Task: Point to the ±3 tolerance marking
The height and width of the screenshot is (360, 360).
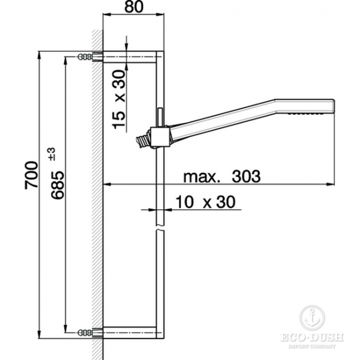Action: [52, 155]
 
